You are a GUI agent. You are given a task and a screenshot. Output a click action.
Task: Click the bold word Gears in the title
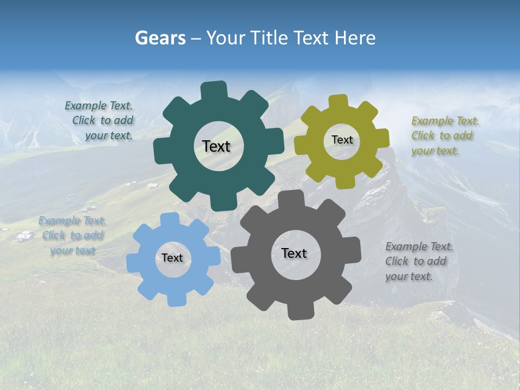(160, 38)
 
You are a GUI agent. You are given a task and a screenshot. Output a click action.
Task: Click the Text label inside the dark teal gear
(216, 146)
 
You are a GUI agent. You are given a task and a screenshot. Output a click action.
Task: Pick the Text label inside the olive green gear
(342, 140)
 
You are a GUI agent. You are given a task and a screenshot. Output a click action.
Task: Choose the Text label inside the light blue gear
(172, 258)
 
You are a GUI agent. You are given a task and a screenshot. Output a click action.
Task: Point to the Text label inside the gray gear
(294, 253)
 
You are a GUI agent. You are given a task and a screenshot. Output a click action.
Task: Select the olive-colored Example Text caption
(444, 136)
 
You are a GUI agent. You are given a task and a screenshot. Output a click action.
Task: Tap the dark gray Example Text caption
(418, 262)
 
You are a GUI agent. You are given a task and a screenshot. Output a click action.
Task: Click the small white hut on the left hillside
(23, 236)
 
